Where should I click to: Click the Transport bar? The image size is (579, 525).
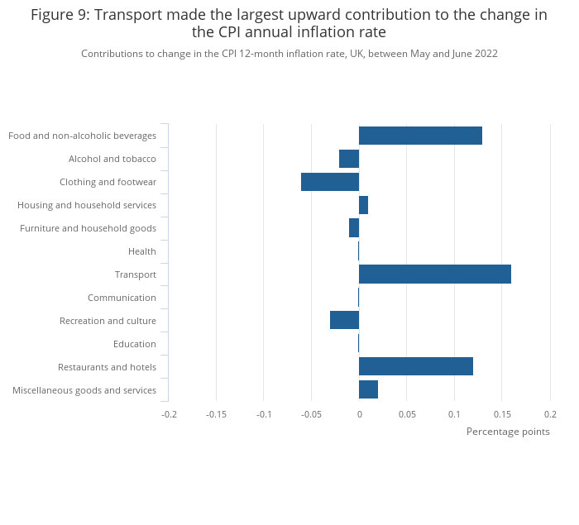pyautogui.click(x=434, y=274)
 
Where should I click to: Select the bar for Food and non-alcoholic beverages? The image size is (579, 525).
pyautogui.click(x=420, y=136)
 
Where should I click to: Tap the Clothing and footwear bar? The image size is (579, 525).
pyautogui.click(x=330, y=182)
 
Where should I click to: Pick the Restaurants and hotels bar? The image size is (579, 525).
pyautogui.click(x=415, y=367)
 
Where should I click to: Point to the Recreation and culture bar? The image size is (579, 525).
pyautogui.click(x=344, y=321)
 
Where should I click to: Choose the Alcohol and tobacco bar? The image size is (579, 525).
pyautogui.click(x=349, y=159)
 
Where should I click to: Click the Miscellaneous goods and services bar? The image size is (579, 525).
pyautogui.click(x=368, y=390)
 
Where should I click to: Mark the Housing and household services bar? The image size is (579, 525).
pyautogui.click(x=363, y=205)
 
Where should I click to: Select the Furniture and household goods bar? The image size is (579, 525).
pyautogui.click(x=354, y=228)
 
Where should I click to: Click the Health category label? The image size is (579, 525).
pyautogui.click(x=142, y=251)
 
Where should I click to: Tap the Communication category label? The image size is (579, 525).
pyautogui.click(x=122, y=298)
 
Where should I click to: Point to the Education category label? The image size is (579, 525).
pyautogui.click(x=135, y=344)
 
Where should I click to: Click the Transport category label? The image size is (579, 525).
pyautogui.click(x=136, y=274)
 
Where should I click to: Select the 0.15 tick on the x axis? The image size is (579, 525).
pyautogui.click(x=502, y=413)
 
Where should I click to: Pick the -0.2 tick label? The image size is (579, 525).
pyautogui.click(x=169, y=413)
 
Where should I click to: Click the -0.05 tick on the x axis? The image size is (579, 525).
pyautogui.click(x=311, y=413)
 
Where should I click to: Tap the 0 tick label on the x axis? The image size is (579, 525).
pyautogui.click(x=359, y=413)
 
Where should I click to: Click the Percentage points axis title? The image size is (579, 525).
pyautogui.click(x=508, y=432)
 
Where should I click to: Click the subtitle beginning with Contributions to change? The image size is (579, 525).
pyautogui.click(x=289, y=54)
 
